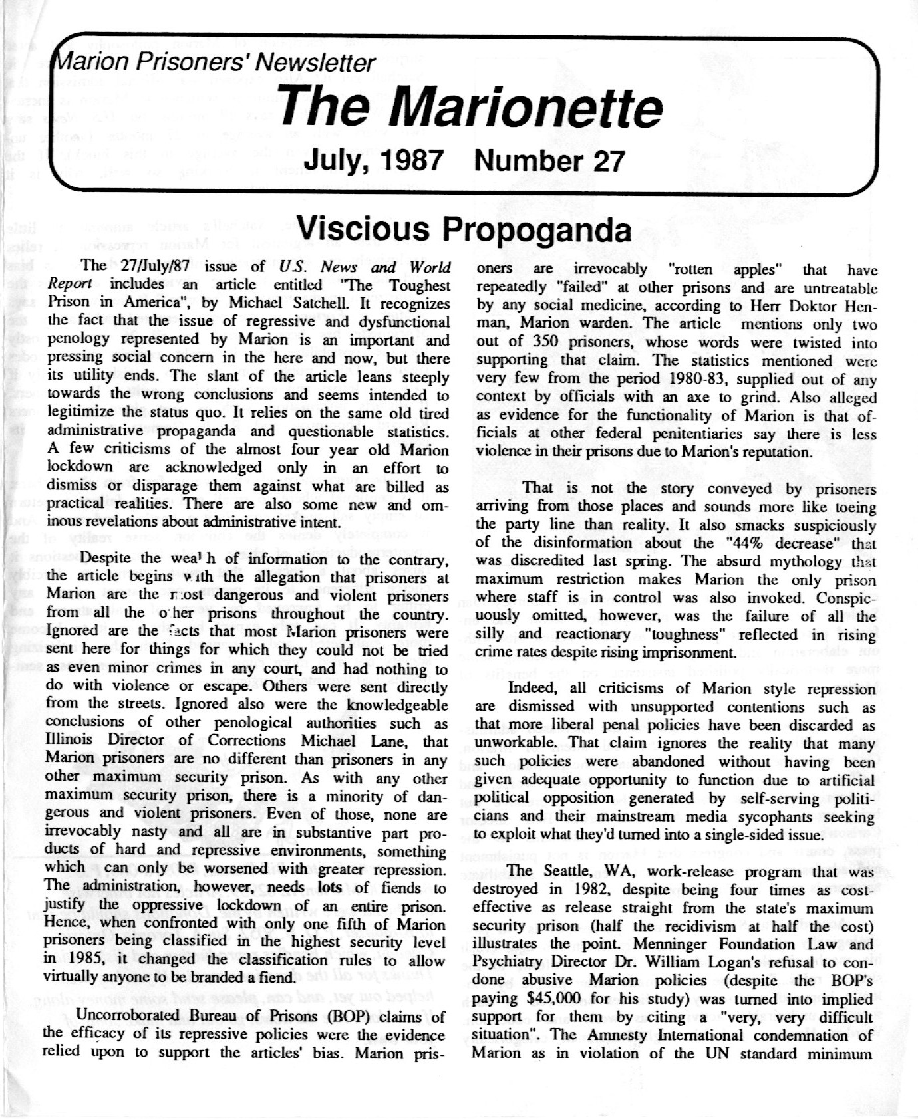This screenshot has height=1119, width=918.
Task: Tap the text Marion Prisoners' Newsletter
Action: [214, 63]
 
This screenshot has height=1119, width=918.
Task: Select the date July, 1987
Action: [373, 160]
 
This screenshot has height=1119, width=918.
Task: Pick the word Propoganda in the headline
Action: [537, 229]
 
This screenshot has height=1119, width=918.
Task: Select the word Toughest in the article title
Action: [420, 285]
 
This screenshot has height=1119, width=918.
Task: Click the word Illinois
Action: [72, 740]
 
